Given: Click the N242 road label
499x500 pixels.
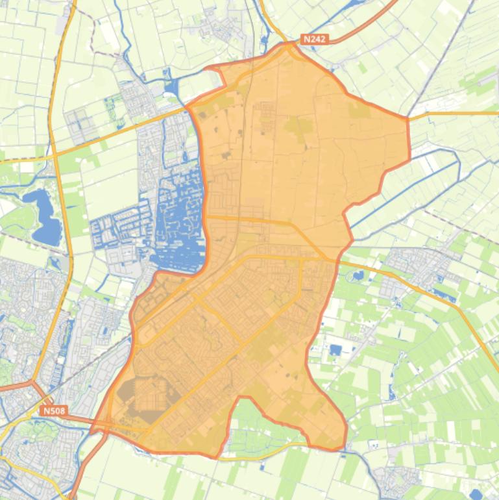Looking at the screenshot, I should (315, 40).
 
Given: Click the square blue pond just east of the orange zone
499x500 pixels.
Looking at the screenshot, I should (335, 350).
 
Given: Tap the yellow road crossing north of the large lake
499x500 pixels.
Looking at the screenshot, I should (56, 154).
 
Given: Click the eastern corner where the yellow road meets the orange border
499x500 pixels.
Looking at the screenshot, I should (408, 118).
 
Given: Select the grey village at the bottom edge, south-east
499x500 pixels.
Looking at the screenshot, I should (395, 481).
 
